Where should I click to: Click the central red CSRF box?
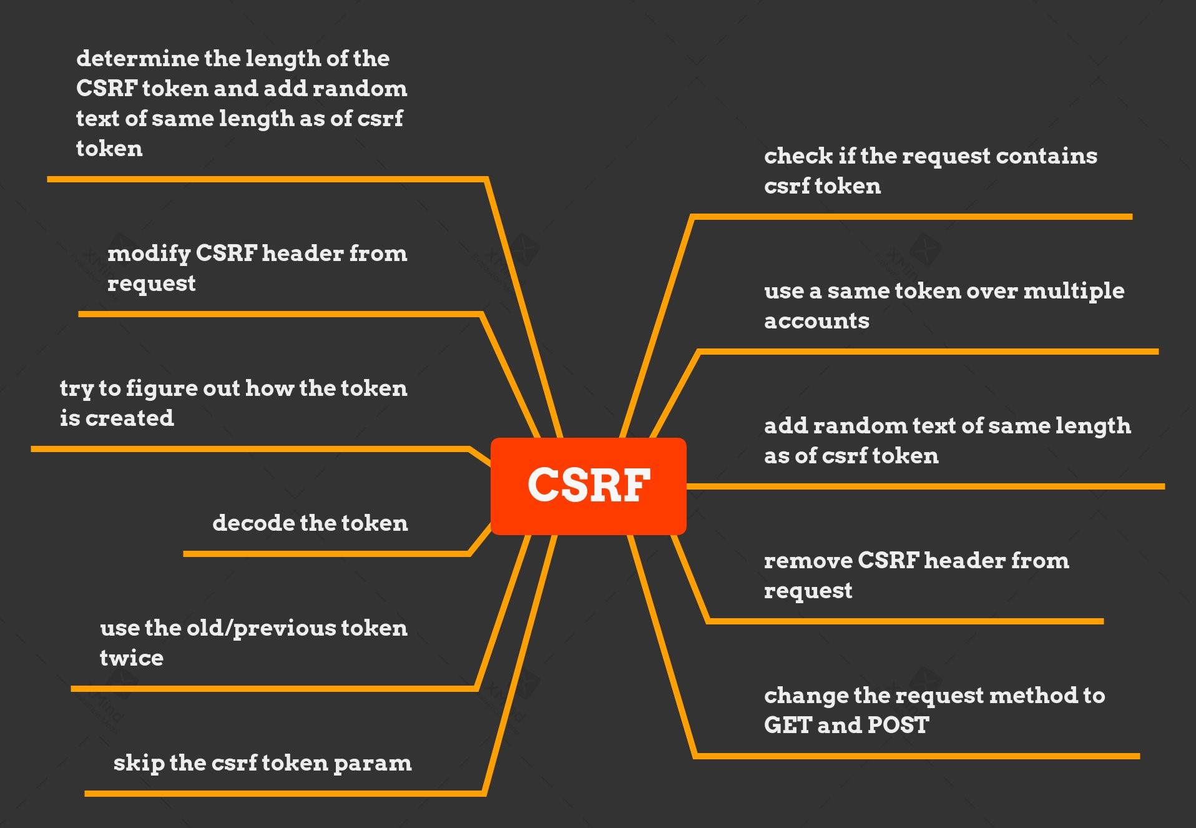[x=588, y=486]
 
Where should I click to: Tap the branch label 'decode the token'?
[x=310, y=523]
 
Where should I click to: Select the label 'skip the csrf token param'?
[x=262, y=763]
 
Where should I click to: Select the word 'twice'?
[x=131, y=658]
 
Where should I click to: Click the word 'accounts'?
[x=816, y=321]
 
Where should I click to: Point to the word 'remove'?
[x=808, y=561]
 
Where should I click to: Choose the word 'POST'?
[x=898, y=726]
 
